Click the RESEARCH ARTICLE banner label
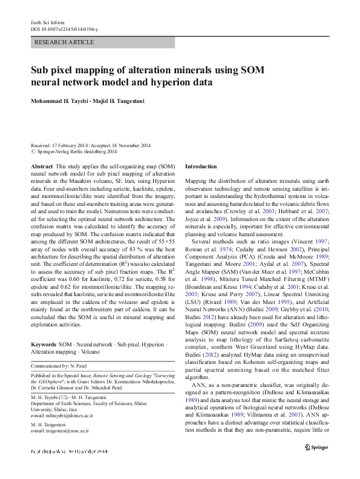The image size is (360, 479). [x=65, y=42]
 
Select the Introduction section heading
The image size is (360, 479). [x=200, y=166]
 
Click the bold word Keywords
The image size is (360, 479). [x=44, y=343]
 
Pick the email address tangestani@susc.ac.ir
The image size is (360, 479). [x=67, y=430]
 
